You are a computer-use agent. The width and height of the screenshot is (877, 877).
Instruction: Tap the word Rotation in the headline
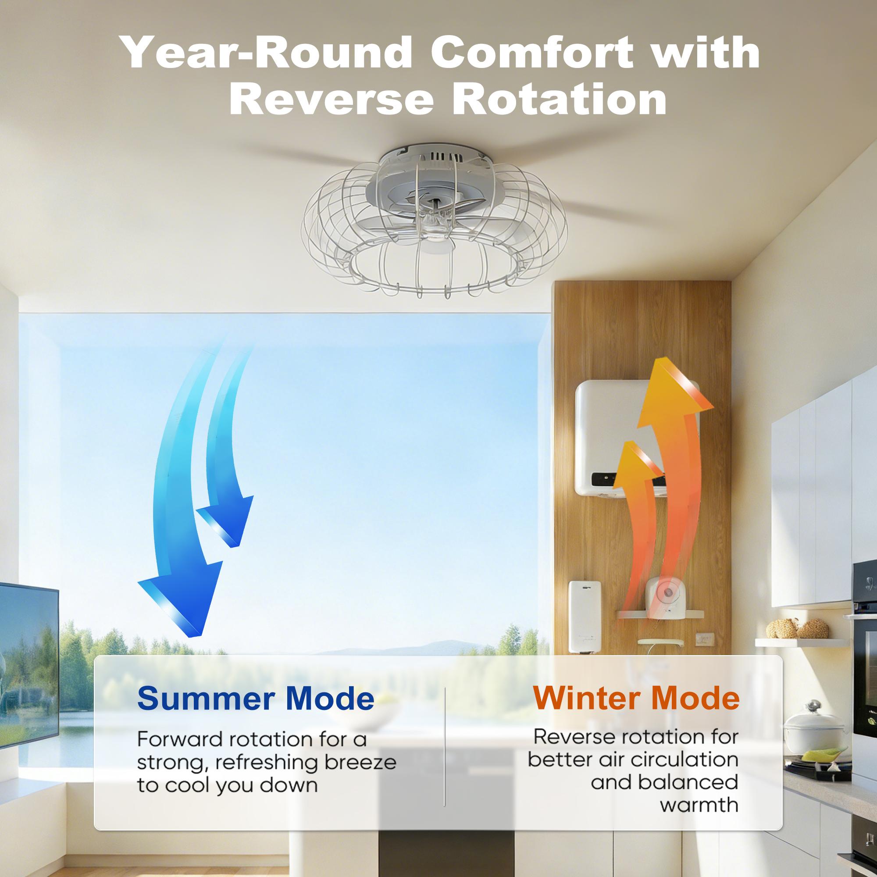[559, 99]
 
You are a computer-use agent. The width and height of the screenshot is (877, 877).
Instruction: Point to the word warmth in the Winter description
[699, 817]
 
